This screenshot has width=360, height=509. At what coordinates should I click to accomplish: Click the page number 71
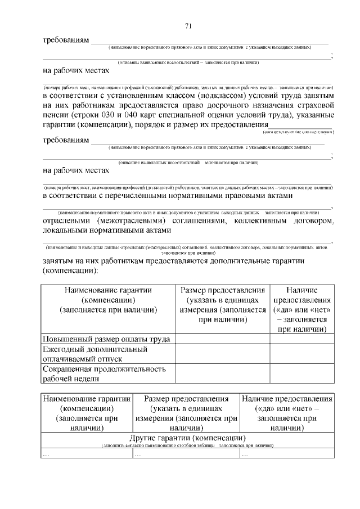coord(188,26)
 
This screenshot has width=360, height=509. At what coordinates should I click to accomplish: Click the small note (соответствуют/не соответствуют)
coord(298,131)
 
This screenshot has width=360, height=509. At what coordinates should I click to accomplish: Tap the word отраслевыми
coord(72,221)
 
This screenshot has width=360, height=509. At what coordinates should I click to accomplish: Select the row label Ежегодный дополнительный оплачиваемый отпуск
coord(96,354)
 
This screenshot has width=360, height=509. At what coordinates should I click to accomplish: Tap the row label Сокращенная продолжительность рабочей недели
coord(105,373)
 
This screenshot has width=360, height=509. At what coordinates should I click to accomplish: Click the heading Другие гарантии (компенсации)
coord(188,438)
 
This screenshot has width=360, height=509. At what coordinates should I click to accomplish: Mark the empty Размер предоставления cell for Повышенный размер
coord(223,339)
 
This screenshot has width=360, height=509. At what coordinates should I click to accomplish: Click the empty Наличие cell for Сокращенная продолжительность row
coord(301,373)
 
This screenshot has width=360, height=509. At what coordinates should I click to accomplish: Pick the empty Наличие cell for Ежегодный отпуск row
coord(301,354)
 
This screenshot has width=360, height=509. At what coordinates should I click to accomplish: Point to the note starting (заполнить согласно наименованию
coord(188,445)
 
